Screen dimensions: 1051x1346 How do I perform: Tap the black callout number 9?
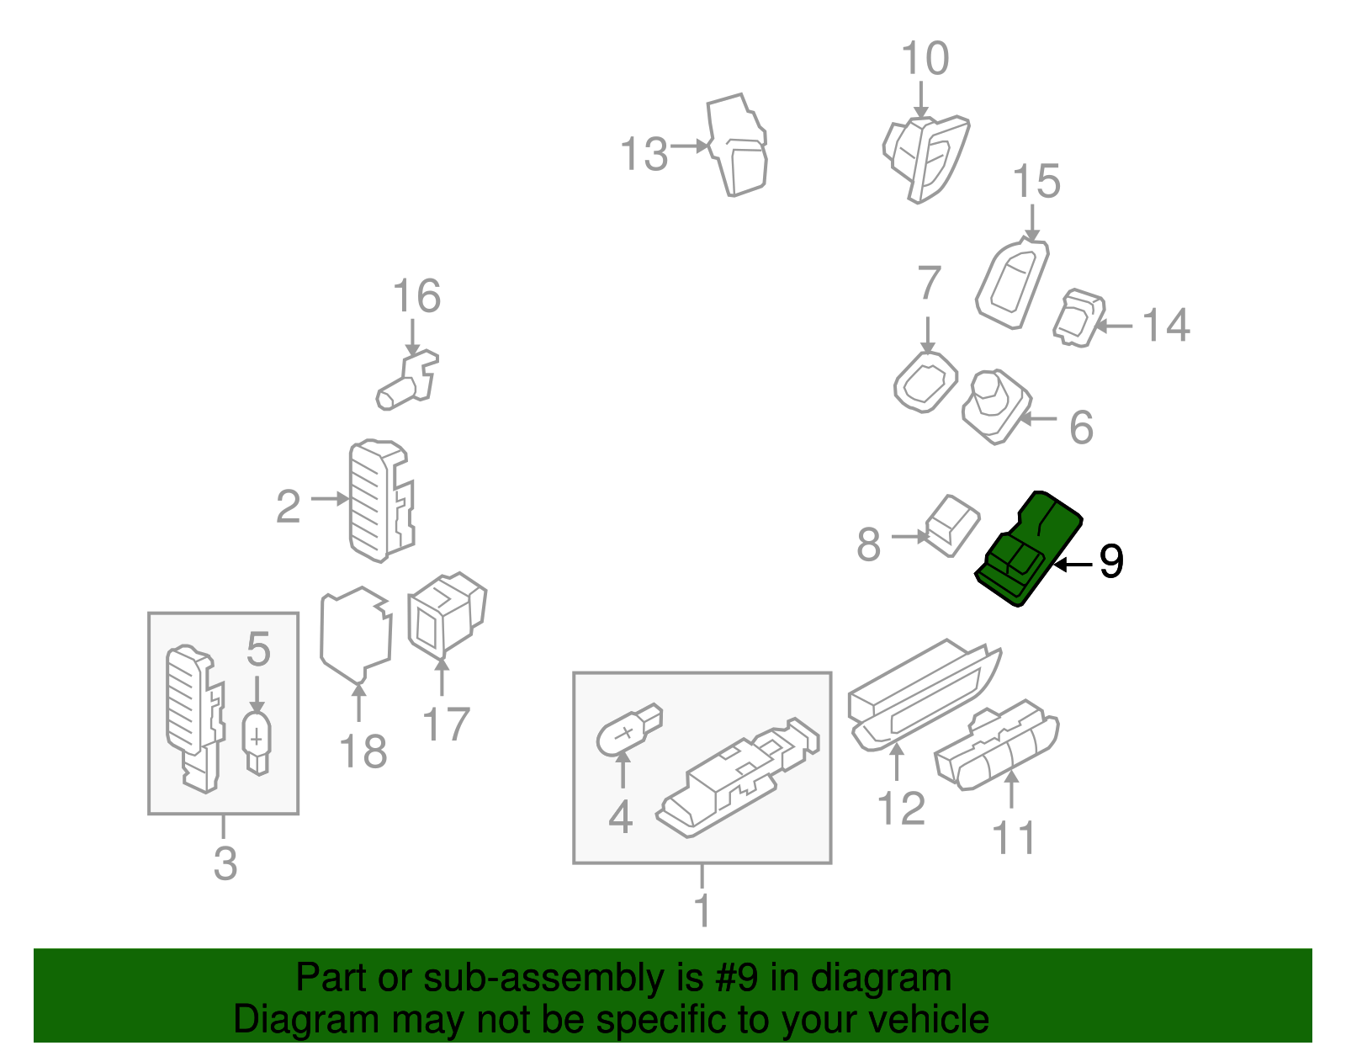(x=1110, y=561)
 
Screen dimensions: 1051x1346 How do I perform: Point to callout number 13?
(x=644, y=155)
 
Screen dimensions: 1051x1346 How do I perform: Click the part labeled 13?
(x=739, y=147)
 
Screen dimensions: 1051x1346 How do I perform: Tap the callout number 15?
(x=1036, y=182)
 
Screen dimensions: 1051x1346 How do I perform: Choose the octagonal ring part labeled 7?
(x=925, y=383)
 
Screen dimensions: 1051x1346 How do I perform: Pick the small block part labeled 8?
(x=953, y=525)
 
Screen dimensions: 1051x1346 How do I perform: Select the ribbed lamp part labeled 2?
(x=379, y=500)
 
